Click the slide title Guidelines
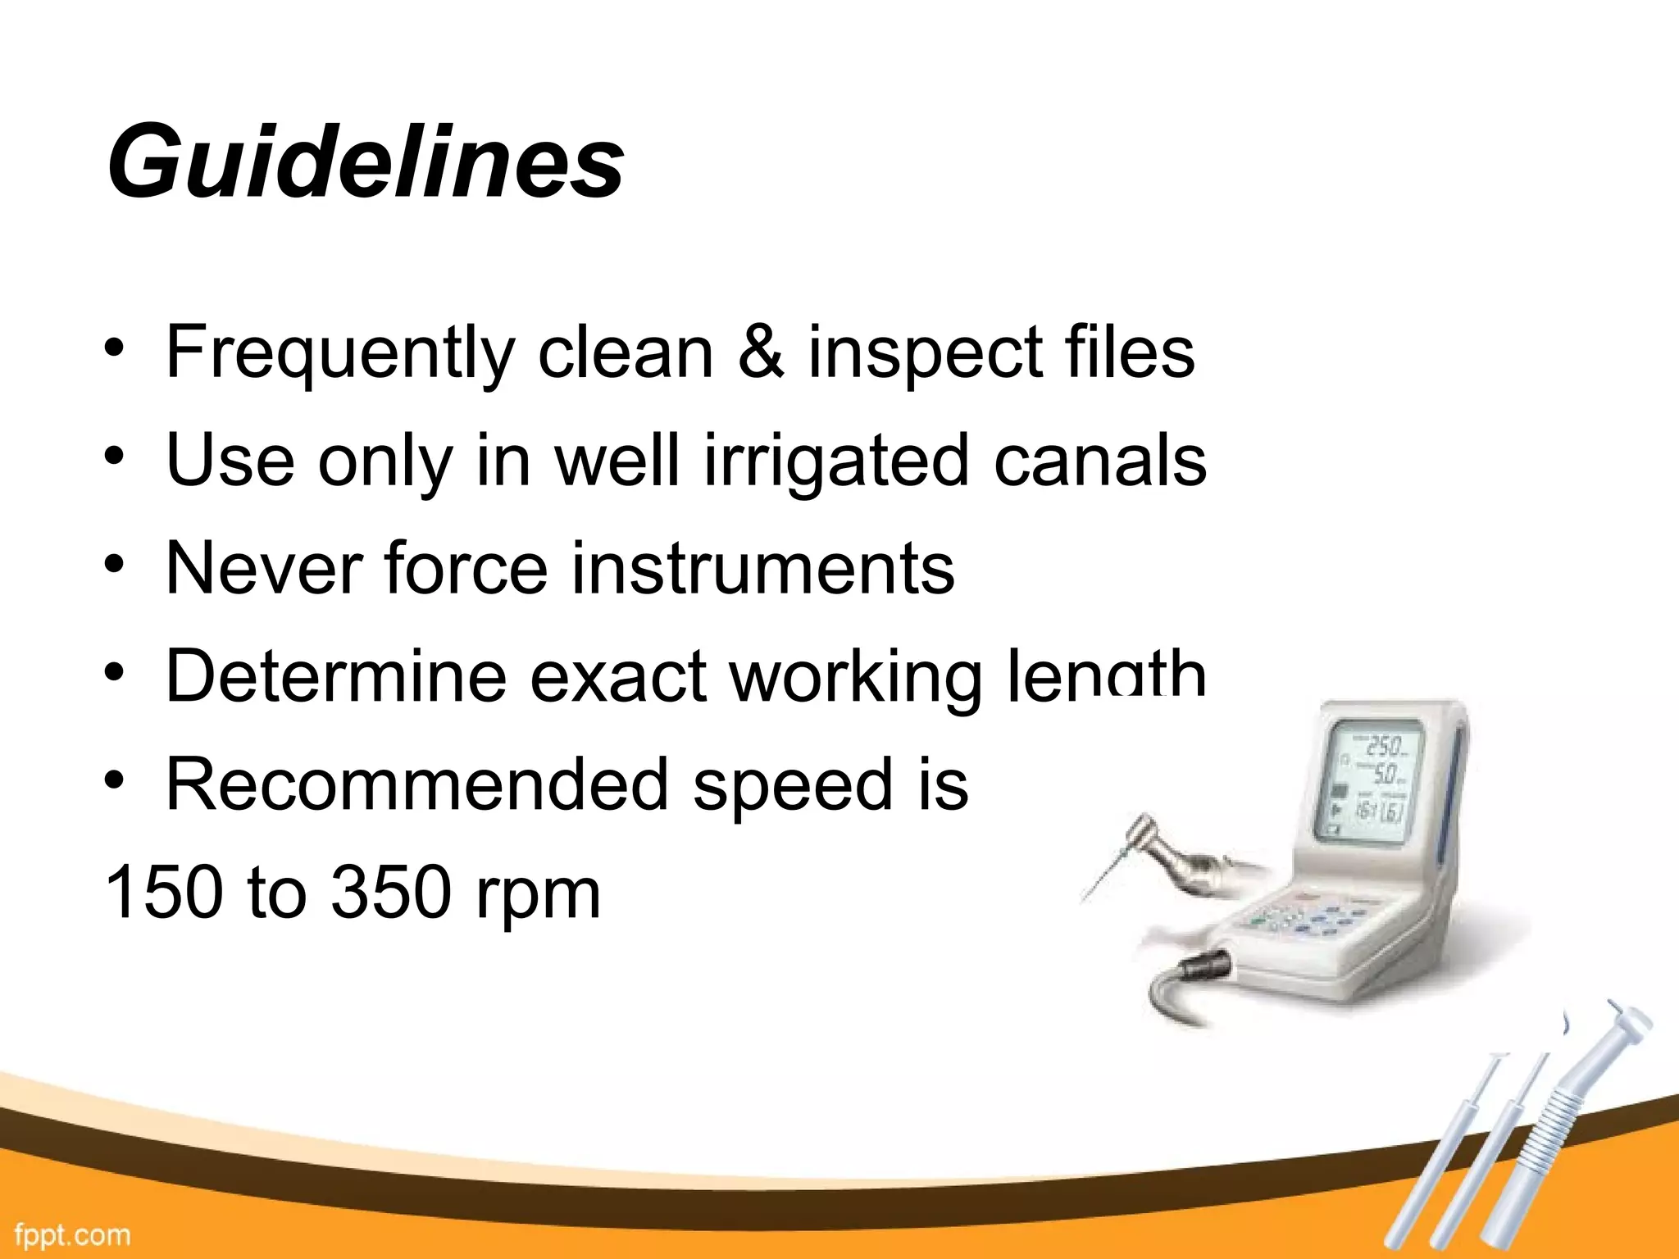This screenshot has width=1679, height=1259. (365, 161)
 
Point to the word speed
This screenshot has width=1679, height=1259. (792, 785)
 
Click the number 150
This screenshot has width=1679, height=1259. (164, 892)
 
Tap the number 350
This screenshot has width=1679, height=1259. (391, 892)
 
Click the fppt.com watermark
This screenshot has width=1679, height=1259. (72, 1234)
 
